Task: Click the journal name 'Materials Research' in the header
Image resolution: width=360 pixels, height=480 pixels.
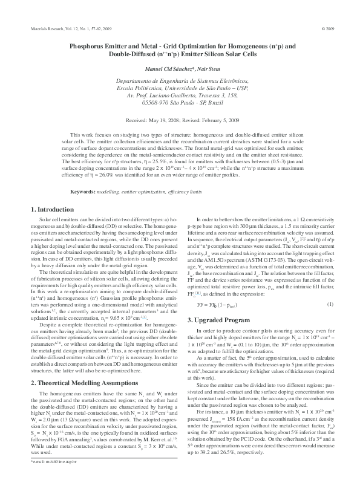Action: tap(44, 29)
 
